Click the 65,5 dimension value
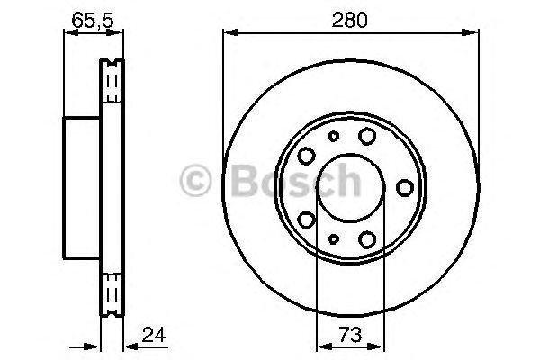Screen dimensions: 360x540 tap(89, 18)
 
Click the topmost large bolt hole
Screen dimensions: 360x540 tap(366, 135)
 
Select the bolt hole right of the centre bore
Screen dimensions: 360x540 tap(405, 187)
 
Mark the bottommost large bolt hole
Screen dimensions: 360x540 tap(366, 239)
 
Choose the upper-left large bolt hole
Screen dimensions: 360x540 tap(306, 155)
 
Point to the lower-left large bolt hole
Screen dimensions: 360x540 tap(306, 220)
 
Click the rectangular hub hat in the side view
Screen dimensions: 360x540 tap(81, 186)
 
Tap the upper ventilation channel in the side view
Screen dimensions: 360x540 tap(112, 82)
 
